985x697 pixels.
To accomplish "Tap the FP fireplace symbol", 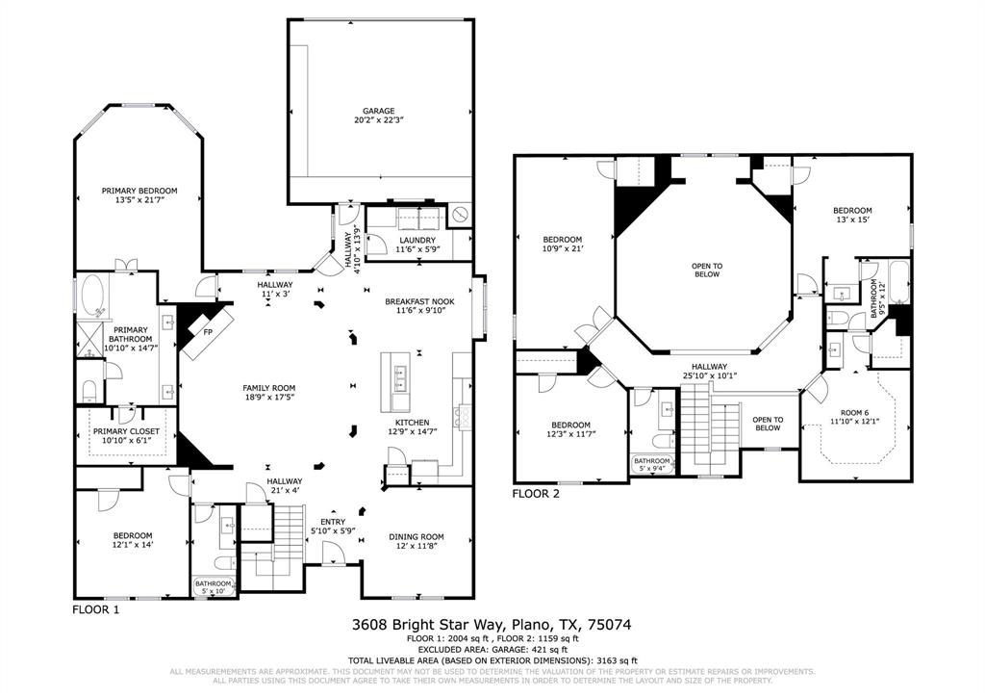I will pyautogui.click(x=207, y=332).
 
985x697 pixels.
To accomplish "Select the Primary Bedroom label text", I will pyautogui.click(x=139, y=195).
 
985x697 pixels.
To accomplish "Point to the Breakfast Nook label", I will pyautogui.click(x=419, y=306).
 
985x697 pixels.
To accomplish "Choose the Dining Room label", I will pyautogui.click(x=417, y=541).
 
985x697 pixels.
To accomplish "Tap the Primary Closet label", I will pyautogui.click(x=126, y=435).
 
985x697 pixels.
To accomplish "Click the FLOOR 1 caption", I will pyautogui.click(x=96, y=609).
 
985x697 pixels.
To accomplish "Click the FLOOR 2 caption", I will pyautogui.click(x=536, y=494).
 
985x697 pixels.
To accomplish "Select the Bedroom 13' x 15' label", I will pyautogui.click(x=852, y=216).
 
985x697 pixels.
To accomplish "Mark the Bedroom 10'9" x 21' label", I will pyautogui.click(x=562, y=245).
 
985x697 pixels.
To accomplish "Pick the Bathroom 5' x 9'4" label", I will pyautogui.click(x=651, y=465).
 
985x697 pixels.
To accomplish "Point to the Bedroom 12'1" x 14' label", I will pyautogui.click(x=133, y=540).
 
